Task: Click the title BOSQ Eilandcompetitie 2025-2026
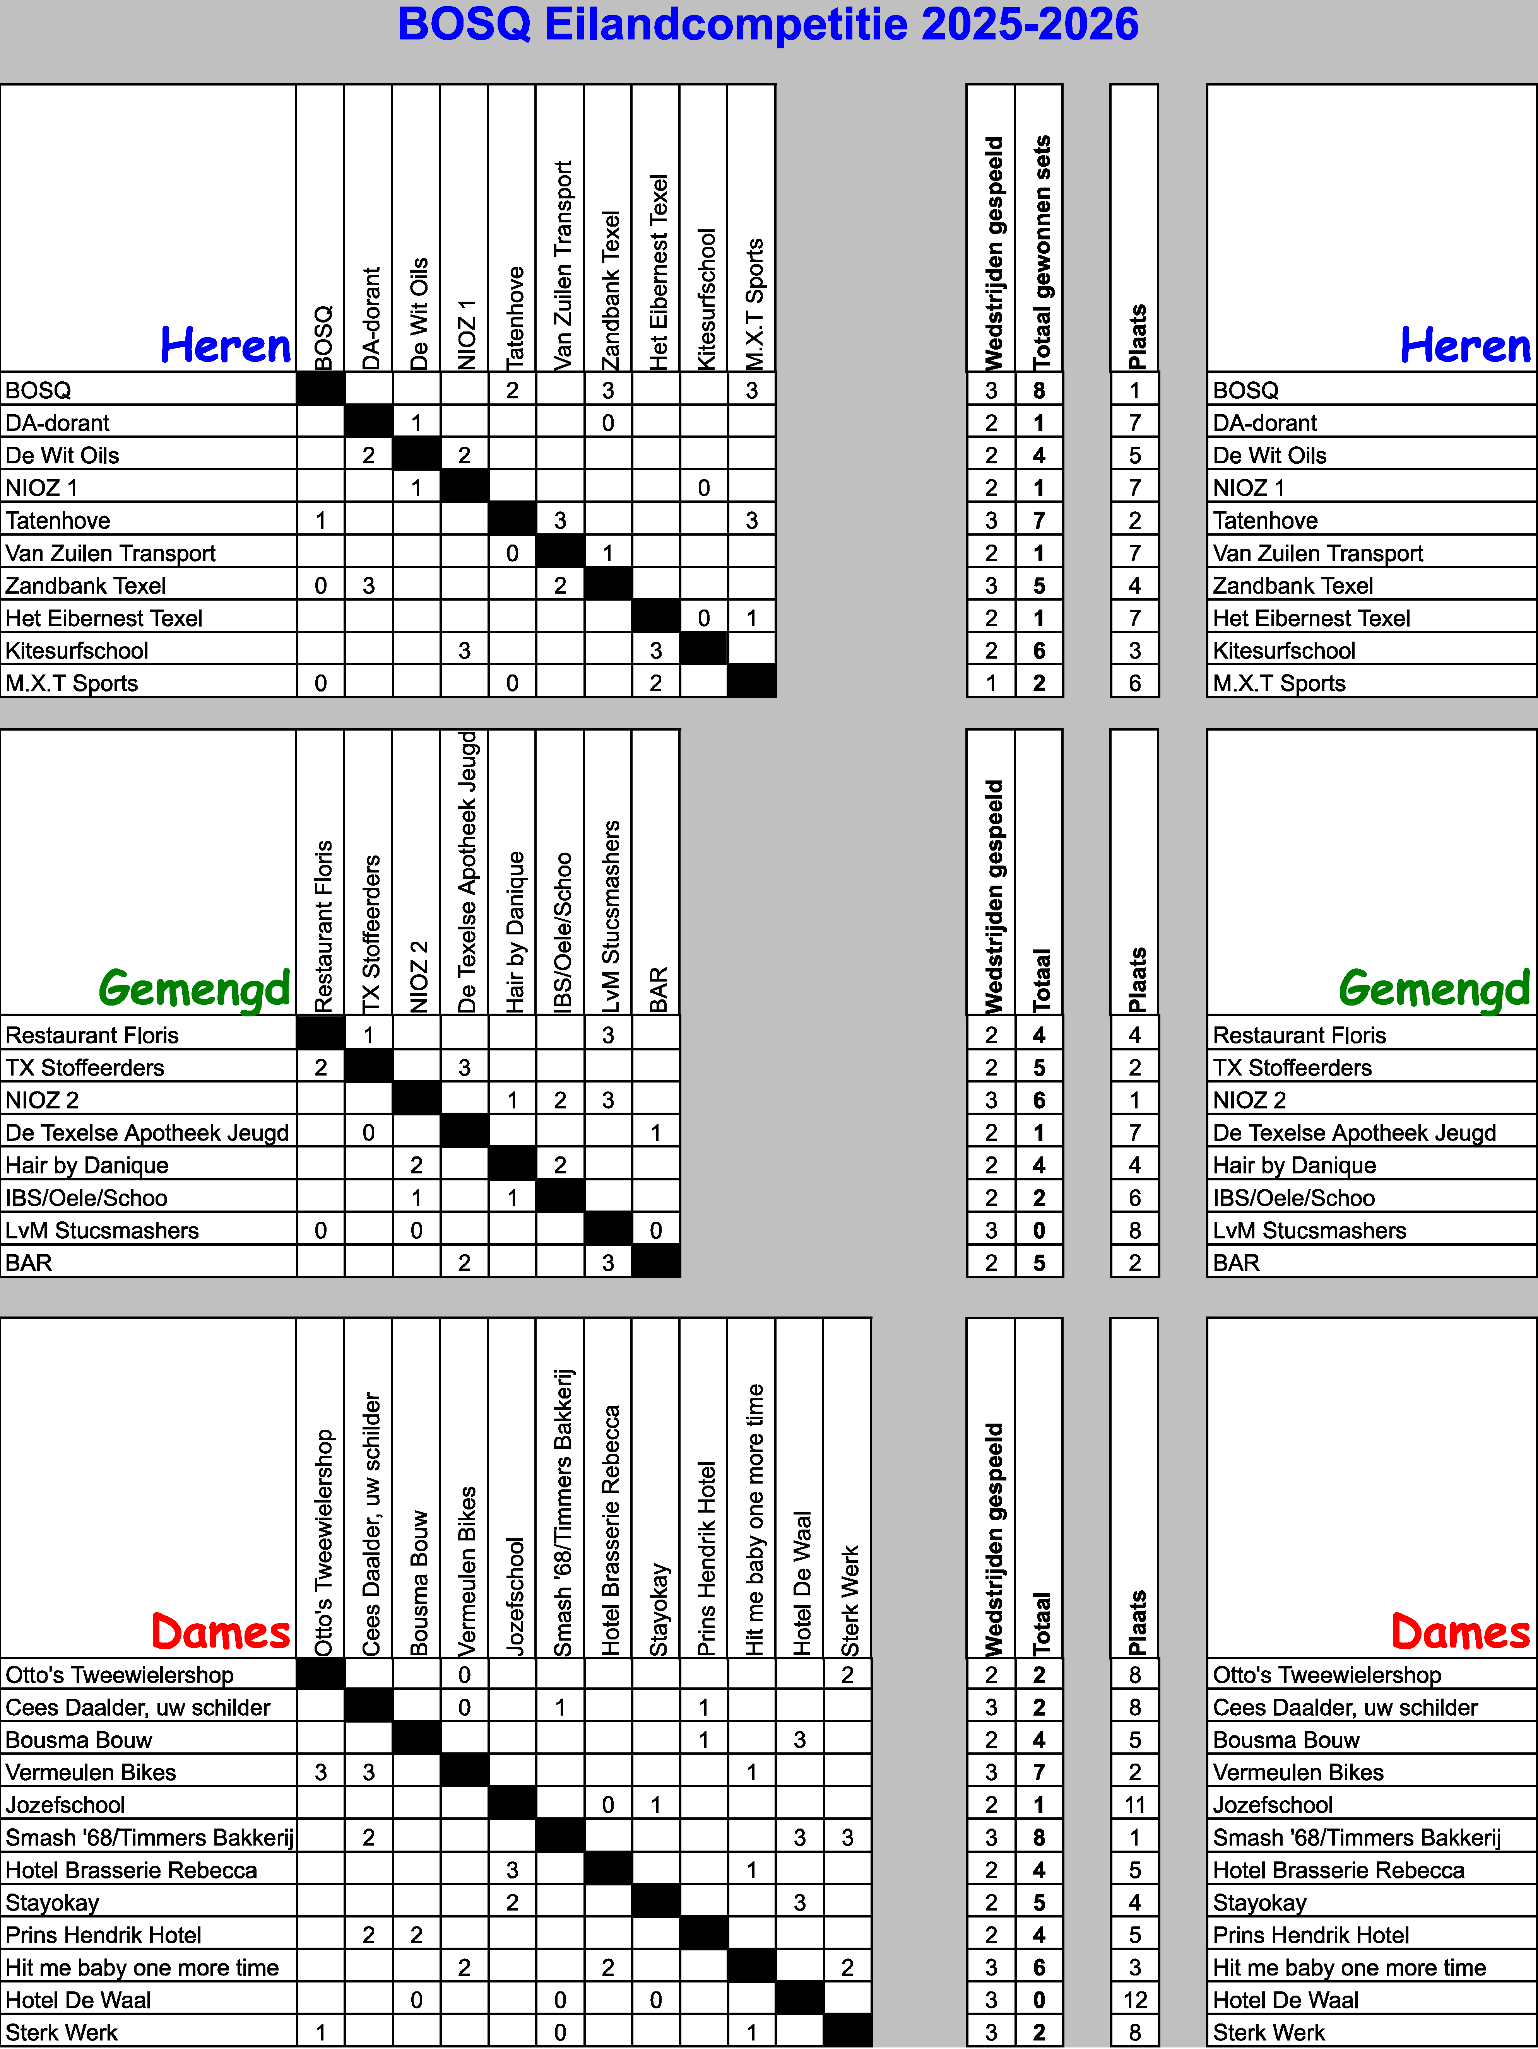768,25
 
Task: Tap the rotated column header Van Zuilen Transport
561,267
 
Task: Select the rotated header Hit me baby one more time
753,1519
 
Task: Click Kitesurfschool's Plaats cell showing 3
1134,650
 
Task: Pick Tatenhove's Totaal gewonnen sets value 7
1038,521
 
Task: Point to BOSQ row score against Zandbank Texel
608,390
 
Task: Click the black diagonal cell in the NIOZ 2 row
416,1100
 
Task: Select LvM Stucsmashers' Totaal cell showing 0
1038,1230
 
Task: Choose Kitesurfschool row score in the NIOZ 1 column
464,650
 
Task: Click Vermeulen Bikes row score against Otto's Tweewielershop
321,1772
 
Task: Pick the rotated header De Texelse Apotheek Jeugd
466,873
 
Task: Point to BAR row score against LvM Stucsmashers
608,1263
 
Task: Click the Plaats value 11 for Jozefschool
1134,1805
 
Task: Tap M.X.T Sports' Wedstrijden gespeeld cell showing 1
991,683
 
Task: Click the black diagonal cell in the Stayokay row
656,1902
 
